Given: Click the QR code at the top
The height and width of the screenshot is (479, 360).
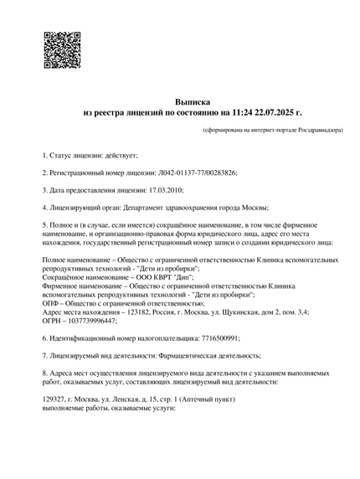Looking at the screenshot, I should tap(61, 49).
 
